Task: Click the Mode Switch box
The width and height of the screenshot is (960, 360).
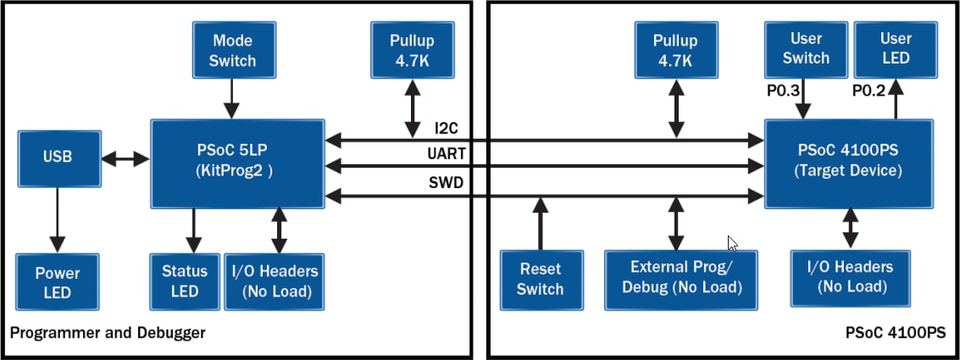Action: (x=233, y=51)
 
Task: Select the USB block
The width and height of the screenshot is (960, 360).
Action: (x=57, y=158)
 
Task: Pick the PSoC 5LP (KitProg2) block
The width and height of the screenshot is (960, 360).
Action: (x=237, y=163)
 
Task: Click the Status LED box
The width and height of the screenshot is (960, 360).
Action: (x=184, y=280)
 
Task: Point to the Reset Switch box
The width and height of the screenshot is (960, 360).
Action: (x=540, y=279)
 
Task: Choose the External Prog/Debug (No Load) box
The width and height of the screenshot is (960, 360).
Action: (x=681, y=277)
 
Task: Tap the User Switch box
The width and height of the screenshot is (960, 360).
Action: (x=805, y=48)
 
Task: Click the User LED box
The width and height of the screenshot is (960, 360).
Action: (x=895, y=48)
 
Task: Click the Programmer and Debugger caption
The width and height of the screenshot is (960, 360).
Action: (x=108, y=333)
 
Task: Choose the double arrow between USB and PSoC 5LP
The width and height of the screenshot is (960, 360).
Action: (x=125, y=158)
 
